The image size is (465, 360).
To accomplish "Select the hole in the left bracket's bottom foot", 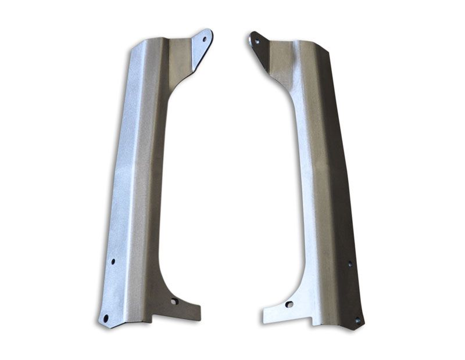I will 173,301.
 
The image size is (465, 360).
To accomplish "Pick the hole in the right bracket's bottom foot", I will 289,304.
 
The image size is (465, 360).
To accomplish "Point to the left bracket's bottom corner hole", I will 106,318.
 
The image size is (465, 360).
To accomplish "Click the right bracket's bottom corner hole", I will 357,320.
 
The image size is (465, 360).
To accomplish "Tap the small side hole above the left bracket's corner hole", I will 113,261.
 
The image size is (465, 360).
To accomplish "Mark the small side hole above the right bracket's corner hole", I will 349,264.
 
